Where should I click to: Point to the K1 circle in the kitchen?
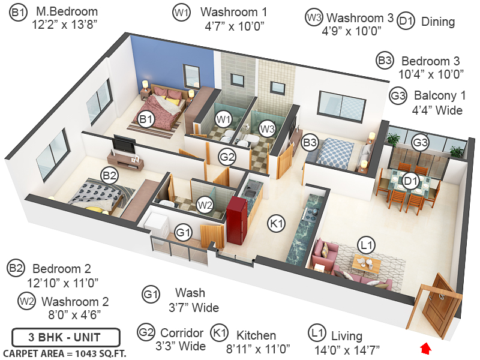coord(277,223)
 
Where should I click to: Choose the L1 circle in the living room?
coord(366,244)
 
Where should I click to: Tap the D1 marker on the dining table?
coord(411,181)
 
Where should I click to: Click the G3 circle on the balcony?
coord(421,142)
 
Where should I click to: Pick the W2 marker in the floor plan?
coord(206,205)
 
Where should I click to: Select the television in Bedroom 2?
coord(124,144)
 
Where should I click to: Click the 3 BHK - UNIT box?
coord(66,337)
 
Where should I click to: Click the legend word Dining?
coord(438,22)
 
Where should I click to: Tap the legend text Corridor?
coord(182,333)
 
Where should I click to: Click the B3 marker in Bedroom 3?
coord(310,143)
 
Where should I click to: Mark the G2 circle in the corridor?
coord(227,158)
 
